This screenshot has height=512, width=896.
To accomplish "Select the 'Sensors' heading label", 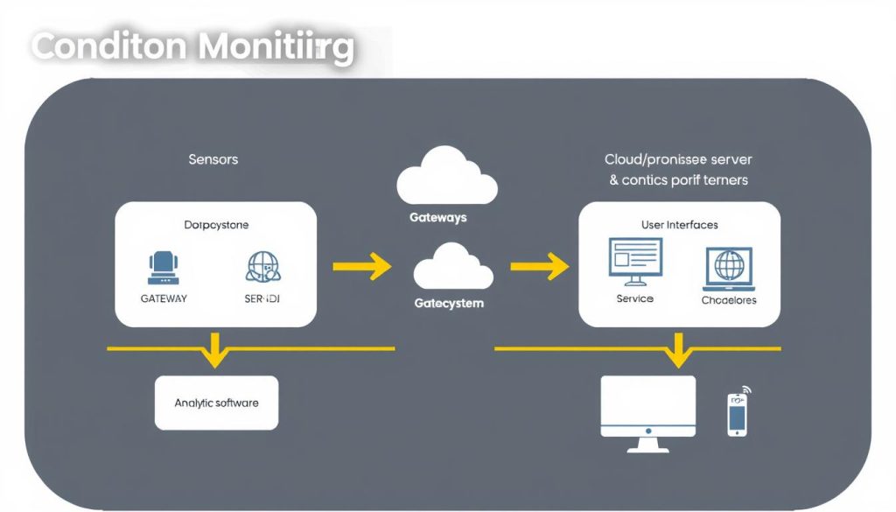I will click(213, 159).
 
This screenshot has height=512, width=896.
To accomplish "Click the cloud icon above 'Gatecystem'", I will click(448, 266).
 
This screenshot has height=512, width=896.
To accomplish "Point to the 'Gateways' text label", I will click(438, 217).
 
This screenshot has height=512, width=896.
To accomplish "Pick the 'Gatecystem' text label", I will click(448, 304).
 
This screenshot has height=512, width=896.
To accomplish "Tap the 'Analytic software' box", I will click(216, 403).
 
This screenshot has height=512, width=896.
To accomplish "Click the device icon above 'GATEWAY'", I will click(164, 267).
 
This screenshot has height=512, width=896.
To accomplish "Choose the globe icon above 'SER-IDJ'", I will click(263, 267).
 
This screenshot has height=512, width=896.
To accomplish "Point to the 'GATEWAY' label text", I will click(164, 298).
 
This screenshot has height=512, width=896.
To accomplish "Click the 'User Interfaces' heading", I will click(679, 225).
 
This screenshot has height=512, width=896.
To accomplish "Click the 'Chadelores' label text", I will click(729, 299).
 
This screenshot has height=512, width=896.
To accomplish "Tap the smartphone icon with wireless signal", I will click(738, 413).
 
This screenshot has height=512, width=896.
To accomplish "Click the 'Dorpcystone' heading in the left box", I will click(216, 225).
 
